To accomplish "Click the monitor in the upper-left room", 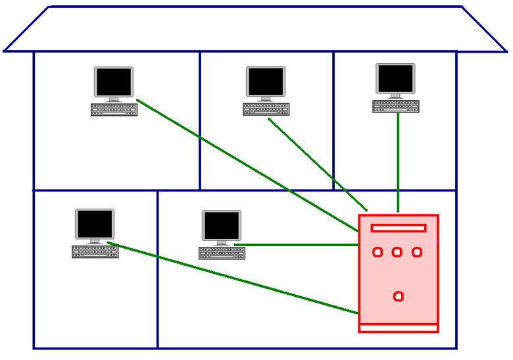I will click(x=114, y=83).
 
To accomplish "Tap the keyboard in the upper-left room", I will click(x=114, y=109).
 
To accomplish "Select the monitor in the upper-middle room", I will click(x=266, y=82).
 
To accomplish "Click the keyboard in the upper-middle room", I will click(x=266, y=109).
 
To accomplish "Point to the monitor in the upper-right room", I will click(x=395, y=79).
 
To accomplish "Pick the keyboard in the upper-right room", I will click(x=395, y=106).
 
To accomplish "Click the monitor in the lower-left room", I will click(x=95, y=225).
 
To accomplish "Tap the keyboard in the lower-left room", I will click(x=95, y=251).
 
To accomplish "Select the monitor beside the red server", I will click(x=221, y=226).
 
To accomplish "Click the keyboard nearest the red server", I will click(x=221, y=253).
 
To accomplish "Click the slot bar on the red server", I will click(x=398, y=228).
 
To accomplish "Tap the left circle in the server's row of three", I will click(x=378, y=252).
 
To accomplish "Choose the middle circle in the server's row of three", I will click(x=397, y=252).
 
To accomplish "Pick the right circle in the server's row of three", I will click(x=417, y=252).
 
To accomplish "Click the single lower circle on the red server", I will click(x=398, y=297).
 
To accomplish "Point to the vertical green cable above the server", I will click(x=398, y=165).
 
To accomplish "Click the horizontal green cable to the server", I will click(x=296, y=245).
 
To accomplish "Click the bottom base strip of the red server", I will click(x=398, y=328).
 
